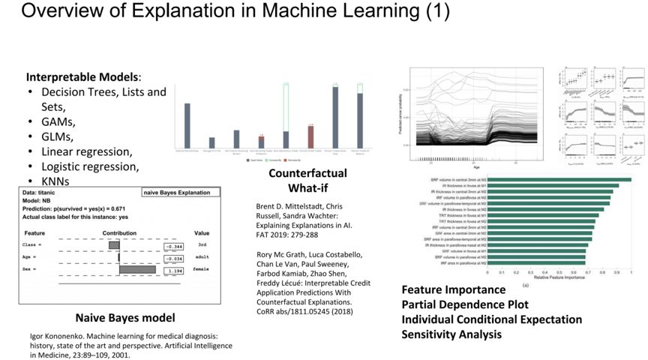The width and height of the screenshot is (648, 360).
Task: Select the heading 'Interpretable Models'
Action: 82,77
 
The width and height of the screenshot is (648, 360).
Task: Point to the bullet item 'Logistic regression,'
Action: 90,166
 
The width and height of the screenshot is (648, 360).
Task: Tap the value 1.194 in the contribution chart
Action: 175,269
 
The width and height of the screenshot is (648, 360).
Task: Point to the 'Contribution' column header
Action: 118,232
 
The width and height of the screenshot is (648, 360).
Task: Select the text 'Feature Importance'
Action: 454,289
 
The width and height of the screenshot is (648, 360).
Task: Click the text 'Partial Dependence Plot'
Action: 465,304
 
